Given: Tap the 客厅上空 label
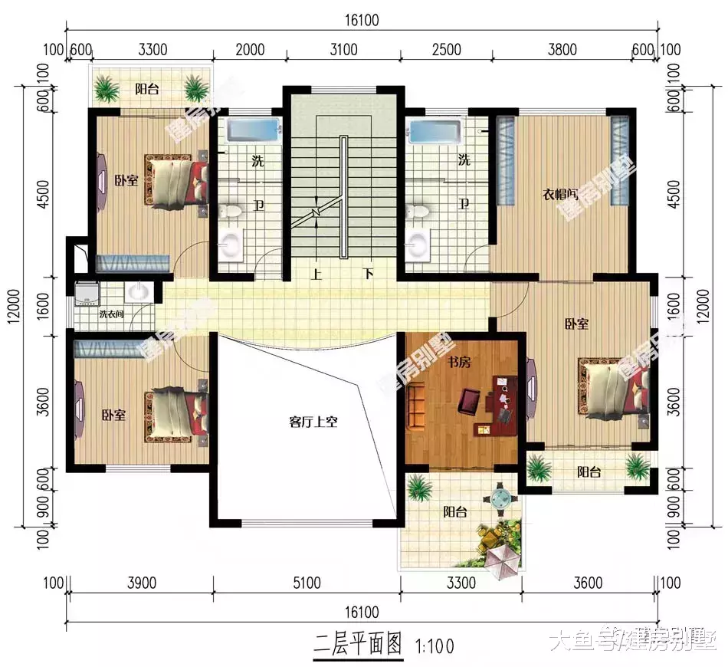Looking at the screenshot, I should pyautogui.click(x=313, y=421).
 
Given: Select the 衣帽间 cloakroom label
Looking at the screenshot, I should pyautogui.click(x=562, y=195).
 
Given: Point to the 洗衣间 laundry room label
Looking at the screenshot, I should pyautogui.click(x=112, y=314).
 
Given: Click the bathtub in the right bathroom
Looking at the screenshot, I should pyautogui.click(x=435, y=131).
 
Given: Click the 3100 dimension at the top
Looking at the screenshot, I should pyautogui.click(x=343, y=51).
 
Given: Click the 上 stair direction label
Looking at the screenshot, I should pyautogui.click(x=316, y=274).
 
